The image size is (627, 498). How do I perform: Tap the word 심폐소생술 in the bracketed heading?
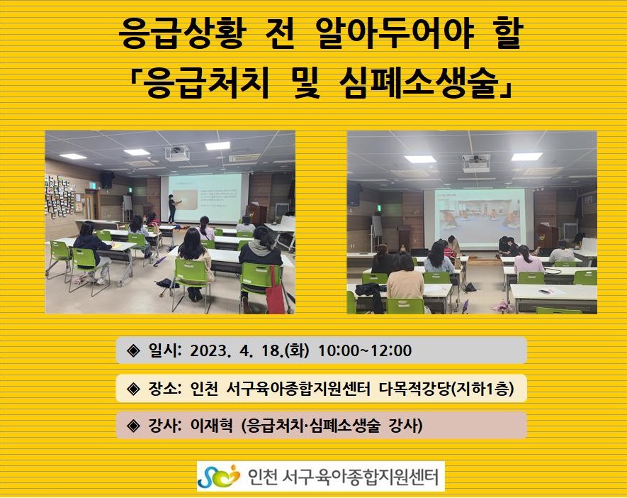[x=419, y=84]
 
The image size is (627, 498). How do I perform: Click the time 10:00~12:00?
[x=365, y=350]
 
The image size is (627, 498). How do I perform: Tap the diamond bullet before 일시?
[x=132, y=350]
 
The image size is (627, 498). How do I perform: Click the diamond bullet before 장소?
[x=132, y=388]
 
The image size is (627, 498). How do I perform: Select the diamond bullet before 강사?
[x=132, y=426]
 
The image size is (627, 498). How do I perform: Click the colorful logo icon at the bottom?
[x=219, y=476]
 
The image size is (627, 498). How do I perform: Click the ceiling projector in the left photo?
[x=177, y=153]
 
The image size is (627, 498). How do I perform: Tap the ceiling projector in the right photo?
[x=476, y=163]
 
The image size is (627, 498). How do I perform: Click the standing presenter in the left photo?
[x=172, y=209]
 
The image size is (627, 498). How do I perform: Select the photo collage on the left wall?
[x=60, y=196]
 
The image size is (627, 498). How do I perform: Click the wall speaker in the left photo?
[x=107, y=179]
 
